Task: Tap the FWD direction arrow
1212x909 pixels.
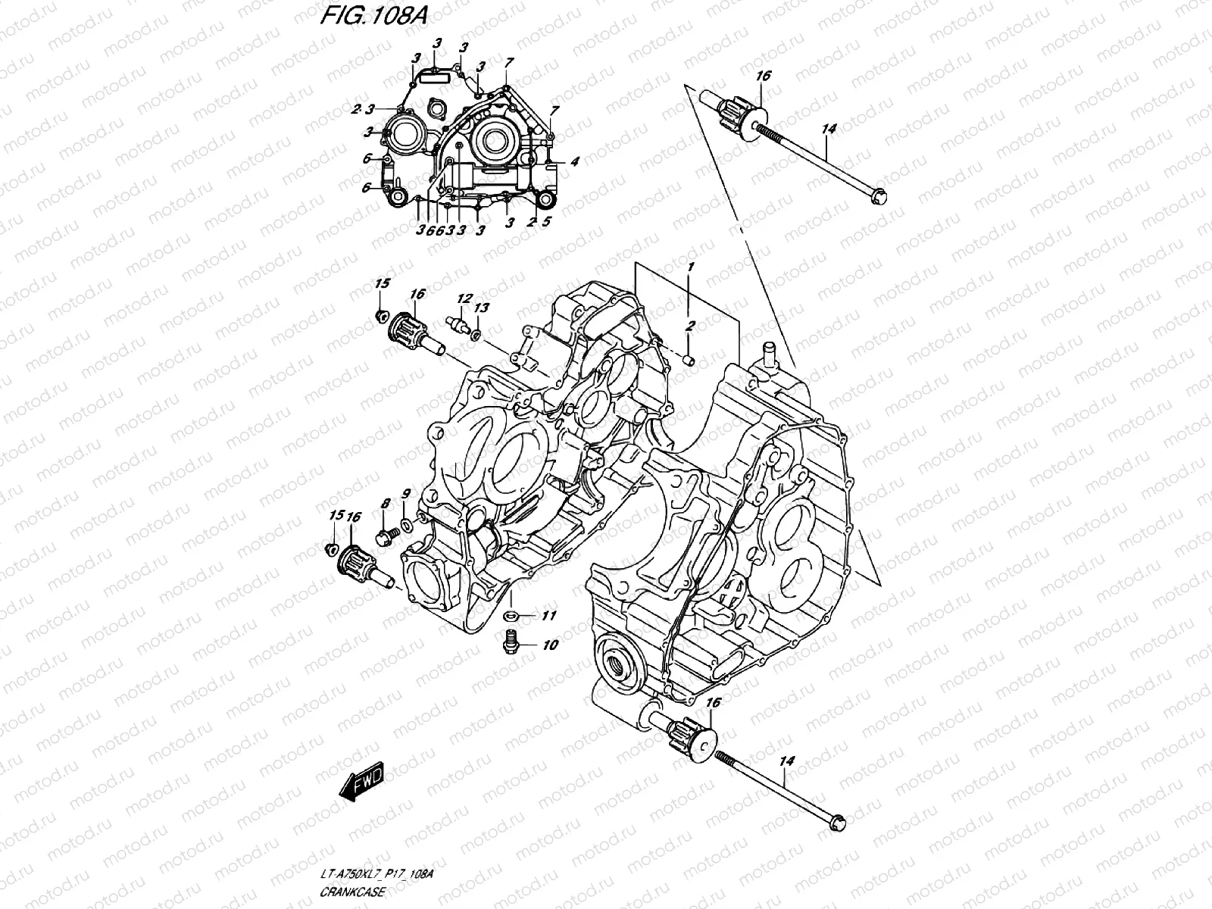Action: click(x=363, y=782)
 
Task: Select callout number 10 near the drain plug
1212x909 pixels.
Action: click(x=550, y=645)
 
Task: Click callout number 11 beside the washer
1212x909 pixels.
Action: click(x=548, y=615)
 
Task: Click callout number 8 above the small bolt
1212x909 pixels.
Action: click(x=385, y=503)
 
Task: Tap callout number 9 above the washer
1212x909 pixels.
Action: click(x=406, y=494)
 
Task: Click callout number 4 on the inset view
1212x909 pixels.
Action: click(x=575, y=161)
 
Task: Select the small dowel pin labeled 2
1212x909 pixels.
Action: click(x=688, y=358)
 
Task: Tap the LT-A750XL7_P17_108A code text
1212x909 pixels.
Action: click(x=377, y=876)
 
